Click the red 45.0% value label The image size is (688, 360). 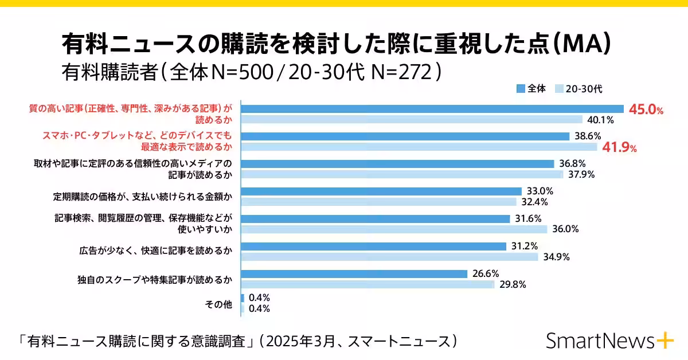pyautogui.click(x=646, y=110)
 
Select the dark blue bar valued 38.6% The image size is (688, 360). pyautogui.click(x=405, y=136)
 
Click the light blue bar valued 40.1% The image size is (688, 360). pyautogui.click(x=412, y=120)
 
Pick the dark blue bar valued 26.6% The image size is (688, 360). pyautogui.click(x=354, y=274)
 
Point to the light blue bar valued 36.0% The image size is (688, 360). pyautogui.click(x=394, y=229)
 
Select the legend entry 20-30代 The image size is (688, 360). pyautogui.click(x=579, y=88)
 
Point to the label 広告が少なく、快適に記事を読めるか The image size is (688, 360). pyautogui.click(x=155, y=250)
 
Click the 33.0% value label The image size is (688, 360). pyautogui.click(x=540, y=191)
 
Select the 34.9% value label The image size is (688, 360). pyautogui.click(x=556, y=257)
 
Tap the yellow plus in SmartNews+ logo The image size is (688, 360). pyautogui.click(x=666, y=341)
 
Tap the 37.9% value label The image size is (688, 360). pyautogui.click(x=580, y=175)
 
